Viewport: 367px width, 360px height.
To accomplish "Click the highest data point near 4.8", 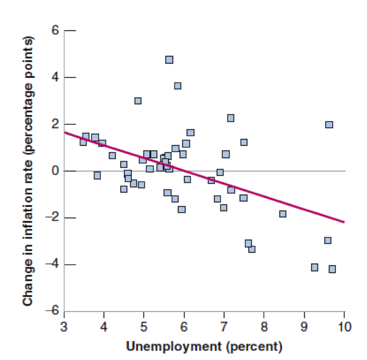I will point(169,60).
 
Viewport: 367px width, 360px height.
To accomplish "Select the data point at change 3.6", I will point(178,86).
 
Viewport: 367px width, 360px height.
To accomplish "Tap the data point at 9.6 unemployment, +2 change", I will point(329,124).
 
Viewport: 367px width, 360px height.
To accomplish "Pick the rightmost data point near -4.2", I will point(332,269).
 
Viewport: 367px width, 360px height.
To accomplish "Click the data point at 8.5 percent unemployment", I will point(283,214).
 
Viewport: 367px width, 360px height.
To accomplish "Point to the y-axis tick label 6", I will point(55,31).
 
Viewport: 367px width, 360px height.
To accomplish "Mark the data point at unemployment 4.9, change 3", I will point(138,101).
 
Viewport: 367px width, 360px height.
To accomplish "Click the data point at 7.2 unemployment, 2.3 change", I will point(231,118).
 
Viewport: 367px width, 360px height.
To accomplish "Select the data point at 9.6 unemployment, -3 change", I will point(328,240).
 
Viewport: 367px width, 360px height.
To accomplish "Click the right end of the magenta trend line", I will point(344,222).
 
